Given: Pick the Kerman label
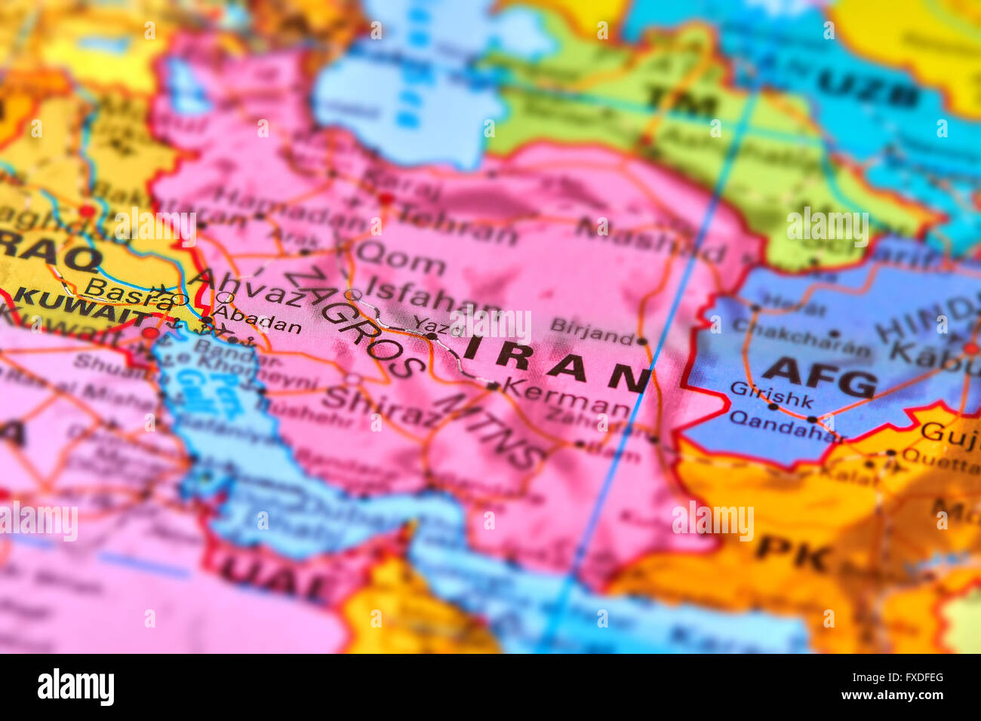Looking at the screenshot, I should [566, 397].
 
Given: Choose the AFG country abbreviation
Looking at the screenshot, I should [819, 376].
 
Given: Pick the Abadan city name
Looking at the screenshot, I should [257, 320].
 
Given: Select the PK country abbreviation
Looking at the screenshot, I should [793, 554].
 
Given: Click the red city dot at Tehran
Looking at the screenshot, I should [387, 199].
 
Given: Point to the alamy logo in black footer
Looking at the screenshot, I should [75, 687].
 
